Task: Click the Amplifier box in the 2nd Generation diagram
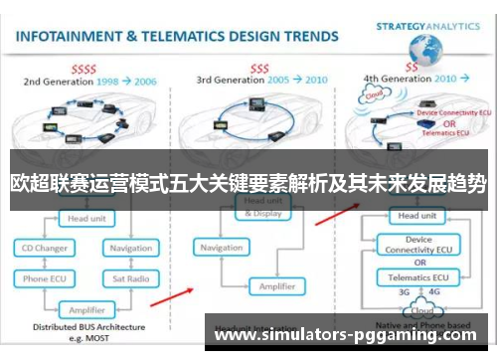(x=86, y=309)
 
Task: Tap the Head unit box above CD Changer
(x=86, y=218)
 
